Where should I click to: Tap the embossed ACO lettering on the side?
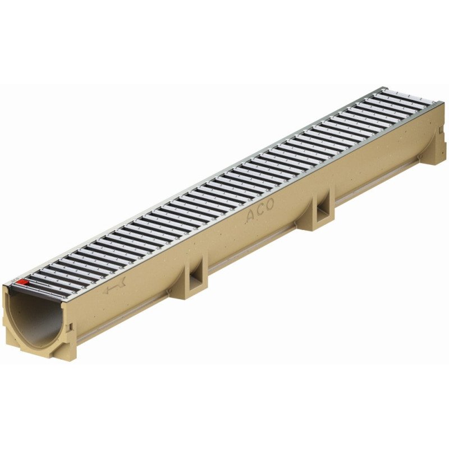tap(260, 211)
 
